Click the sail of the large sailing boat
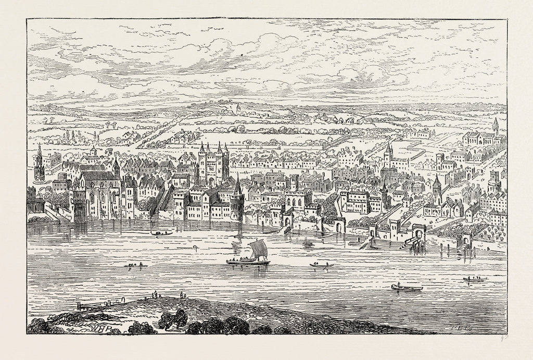point(258,250)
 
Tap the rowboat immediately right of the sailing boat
point(321,266)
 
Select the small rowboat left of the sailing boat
point(135,266)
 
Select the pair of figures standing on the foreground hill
point(155,295)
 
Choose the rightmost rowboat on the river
point(474,280)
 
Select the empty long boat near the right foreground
point(407,287)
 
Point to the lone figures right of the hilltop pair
point(182,295)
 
